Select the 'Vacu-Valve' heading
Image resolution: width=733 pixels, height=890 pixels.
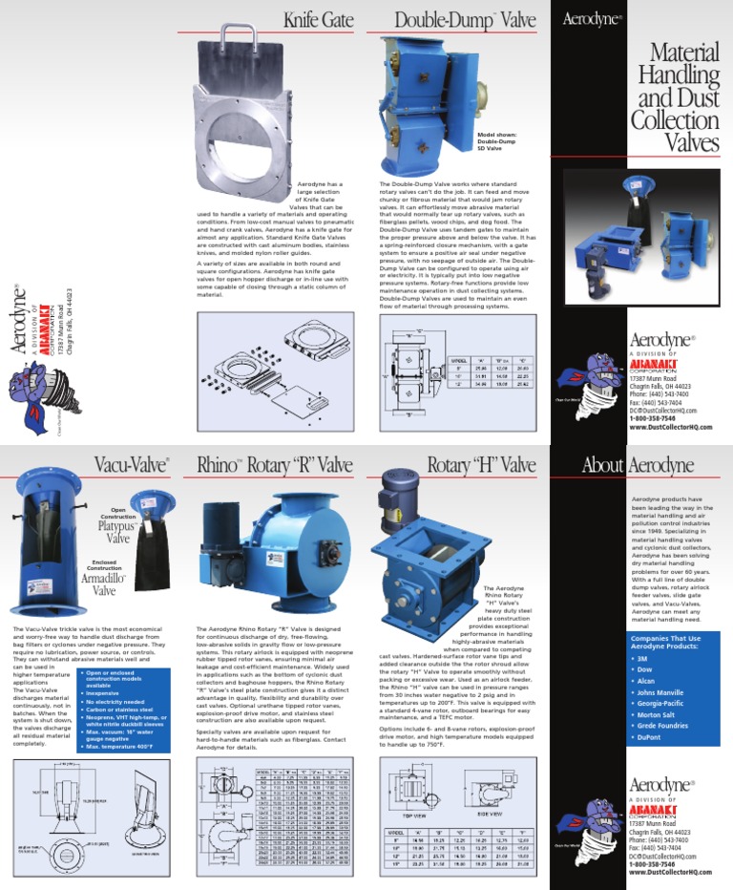[134, 465]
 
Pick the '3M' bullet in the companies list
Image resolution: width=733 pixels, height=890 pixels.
[642, 659]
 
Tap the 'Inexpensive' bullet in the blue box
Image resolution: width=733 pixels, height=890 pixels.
[111, 693]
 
